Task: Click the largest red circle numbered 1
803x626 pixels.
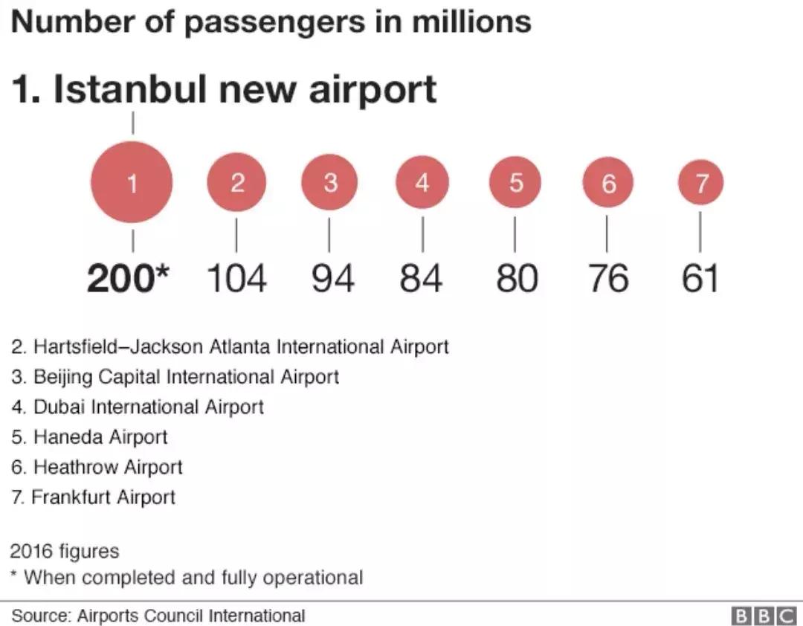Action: pos(132,182)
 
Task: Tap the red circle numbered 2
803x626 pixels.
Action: pos(236,182)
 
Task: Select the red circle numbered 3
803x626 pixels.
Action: pos(329,182)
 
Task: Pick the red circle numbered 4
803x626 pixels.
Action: pos(422,182)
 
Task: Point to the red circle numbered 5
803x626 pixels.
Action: pos(515,182)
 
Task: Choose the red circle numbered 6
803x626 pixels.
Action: pos(608,182)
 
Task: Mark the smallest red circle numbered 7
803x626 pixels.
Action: pos(700,182)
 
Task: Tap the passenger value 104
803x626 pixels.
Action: pos(236,279)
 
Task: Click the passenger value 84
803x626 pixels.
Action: pos(422,279)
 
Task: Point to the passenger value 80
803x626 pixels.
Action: pos(517,279)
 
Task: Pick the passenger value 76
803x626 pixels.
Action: pos(608,279)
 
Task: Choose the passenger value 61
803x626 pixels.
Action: pos(700,279)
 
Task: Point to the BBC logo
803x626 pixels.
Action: pos(764,616)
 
